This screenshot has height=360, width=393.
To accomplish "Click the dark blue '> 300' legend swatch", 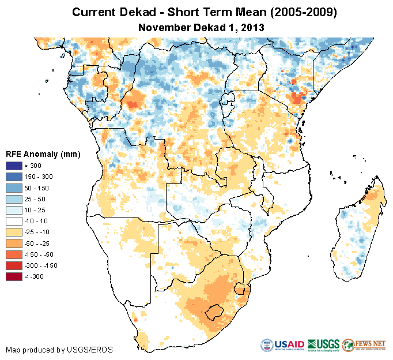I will click(x=14, y=166).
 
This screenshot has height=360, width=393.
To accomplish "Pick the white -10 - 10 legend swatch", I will click(x=14, y=222).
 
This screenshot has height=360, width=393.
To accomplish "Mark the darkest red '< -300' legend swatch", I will click(x=14, y=277).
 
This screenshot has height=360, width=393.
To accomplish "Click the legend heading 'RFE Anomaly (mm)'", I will click(x=43, y=154).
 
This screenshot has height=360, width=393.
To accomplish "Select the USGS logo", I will click(x=323, y=345).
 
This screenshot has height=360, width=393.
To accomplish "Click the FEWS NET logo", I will click(x=364, y=345).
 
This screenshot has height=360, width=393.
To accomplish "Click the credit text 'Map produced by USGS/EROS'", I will click(x=59, y=350).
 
